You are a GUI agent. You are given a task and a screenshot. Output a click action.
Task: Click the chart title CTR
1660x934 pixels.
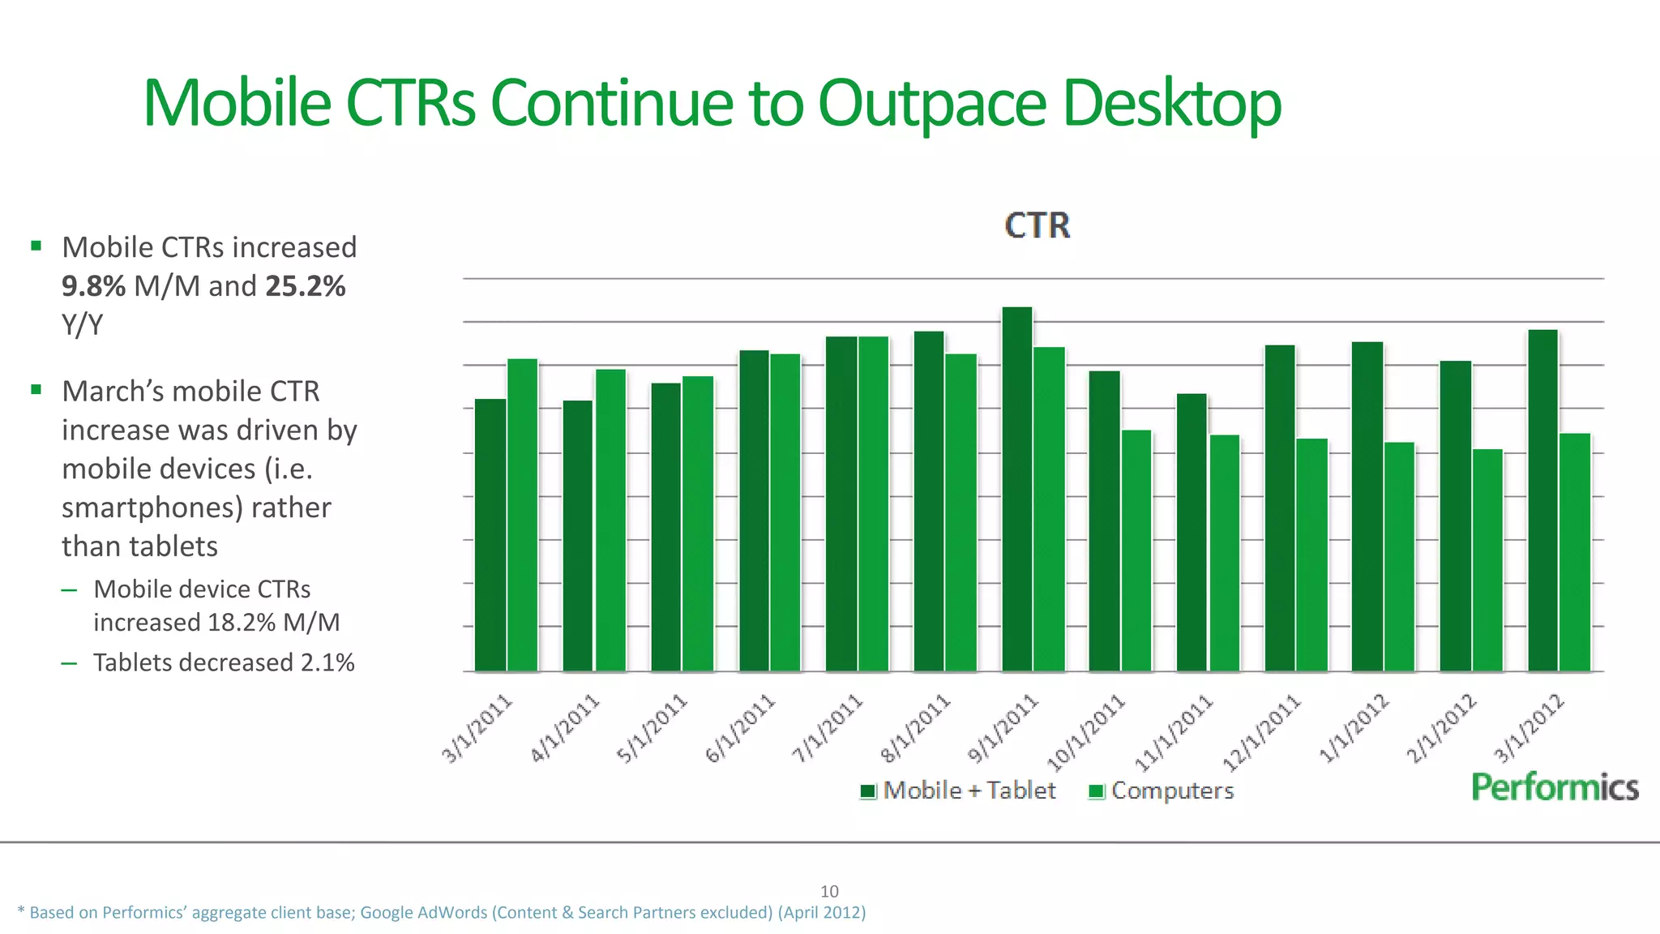click(1037, 225)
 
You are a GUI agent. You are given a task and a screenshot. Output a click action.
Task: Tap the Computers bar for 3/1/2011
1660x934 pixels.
click(523, 515)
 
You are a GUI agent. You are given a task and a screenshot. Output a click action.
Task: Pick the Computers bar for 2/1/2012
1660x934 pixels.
click(1487, 559)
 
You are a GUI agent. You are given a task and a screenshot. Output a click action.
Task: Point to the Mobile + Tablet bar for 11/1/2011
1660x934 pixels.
click(1192, 532)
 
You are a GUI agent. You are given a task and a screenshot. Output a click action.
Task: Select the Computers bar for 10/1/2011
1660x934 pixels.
click(1136, 551)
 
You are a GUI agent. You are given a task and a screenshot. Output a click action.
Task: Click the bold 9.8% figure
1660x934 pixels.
click(93, 286)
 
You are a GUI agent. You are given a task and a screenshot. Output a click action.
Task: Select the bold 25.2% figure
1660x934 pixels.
click(305, 286)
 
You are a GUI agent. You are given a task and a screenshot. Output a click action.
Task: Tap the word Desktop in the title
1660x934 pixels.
click(1171, 103)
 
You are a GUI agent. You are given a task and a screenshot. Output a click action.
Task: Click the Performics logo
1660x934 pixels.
click(1555, 787)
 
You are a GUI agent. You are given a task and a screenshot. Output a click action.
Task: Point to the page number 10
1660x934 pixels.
click(829, 891)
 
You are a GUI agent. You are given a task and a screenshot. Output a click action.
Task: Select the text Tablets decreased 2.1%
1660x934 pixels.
click(224, 662)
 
